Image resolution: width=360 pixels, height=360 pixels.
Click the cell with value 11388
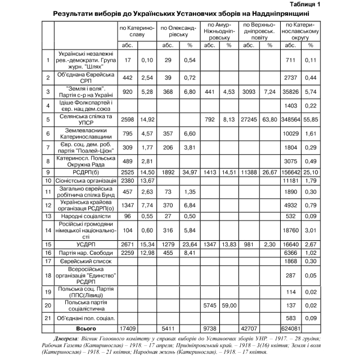point(250,171)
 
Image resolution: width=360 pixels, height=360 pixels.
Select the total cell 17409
point(128,328)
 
